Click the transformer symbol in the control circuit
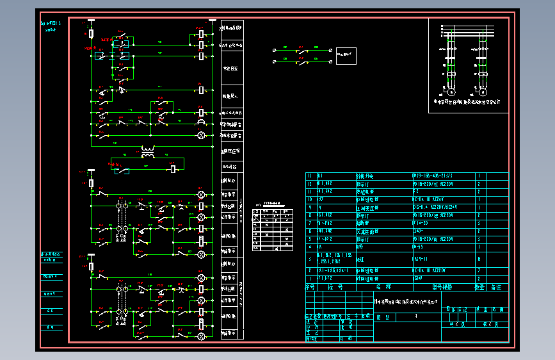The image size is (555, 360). coord(148,152)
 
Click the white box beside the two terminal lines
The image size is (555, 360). coord(346,56)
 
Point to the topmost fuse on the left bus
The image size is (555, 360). coord(91,33)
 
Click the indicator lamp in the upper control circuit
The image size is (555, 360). coord(201,135)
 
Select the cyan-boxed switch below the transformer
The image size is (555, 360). coord(122,170)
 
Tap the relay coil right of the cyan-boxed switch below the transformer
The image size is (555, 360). coord(173,170)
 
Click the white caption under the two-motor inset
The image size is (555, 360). coord(467,101)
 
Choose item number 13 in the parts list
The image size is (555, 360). coord(311,176)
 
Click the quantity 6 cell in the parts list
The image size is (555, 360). coord(479,259)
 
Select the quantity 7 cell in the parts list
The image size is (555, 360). coord(479,271)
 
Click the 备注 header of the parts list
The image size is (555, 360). coord(496,288)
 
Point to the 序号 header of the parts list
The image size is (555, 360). coord(311,288)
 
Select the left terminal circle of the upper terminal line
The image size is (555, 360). coord(275,49)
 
